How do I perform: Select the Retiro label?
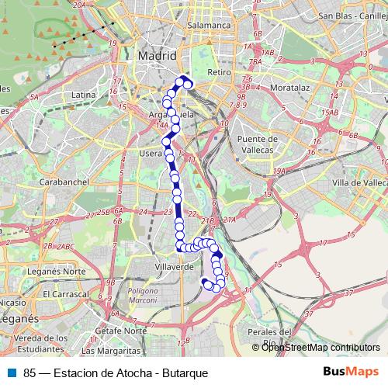point(220,72)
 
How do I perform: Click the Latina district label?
point(82,95)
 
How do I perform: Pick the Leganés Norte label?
point(63,271)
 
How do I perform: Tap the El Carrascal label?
point(68,295)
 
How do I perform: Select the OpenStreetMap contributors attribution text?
point(320,347)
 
